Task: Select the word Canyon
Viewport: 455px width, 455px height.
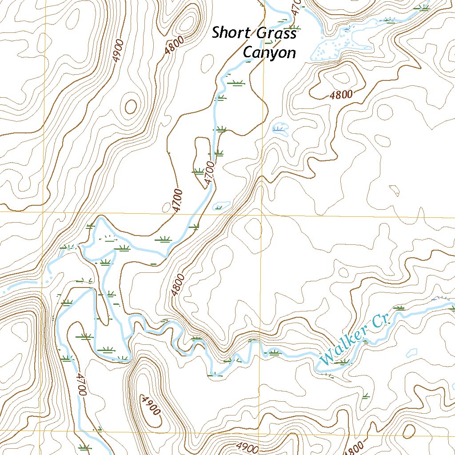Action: point(269,52)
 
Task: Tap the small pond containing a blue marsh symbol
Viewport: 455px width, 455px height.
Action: point(280,129)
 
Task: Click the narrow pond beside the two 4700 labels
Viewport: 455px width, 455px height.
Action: point(221,205)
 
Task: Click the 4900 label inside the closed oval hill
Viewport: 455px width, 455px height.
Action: point(150,404)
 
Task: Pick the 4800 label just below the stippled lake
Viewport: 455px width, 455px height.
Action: point(341,95)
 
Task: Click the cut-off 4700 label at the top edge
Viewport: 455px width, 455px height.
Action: point(296,5)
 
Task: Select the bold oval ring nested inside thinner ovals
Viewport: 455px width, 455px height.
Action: point(131,106)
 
